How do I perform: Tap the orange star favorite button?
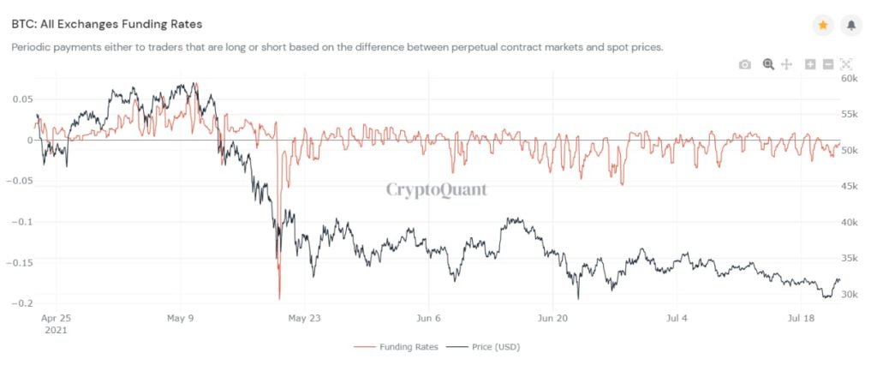pos(822,26)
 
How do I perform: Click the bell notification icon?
pos(851,26)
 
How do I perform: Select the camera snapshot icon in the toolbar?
pos(745,64)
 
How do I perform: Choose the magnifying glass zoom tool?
pos(768,64)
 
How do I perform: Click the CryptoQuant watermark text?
pos(436,189)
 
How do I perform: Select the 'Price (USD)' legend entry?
pos(486,347)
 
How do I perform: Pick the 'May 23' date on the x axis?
pos(306,317)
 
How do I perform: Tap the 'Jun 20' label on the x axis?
pos(554,317)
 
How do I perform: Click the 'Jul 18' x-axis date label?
pos(801,317)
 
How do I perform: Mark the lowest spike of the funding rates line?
pos(279,298)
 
